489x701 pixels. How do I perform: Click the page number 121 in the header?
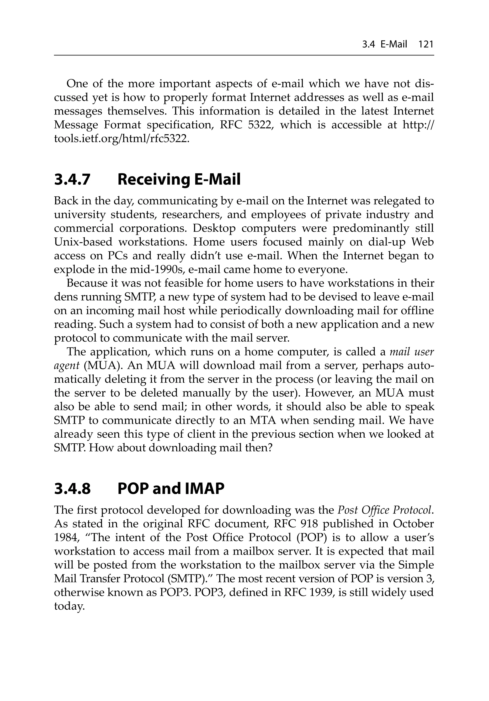pyautogui.click(x=426, y=45)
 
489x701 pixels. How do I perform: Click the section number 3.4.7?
pyautogui.click(x=72, y=179)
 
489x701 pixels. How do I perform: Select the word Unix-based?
pyautogui.click(x=83, y=242)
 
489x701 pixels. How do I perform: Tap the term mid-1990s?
pyautogui.click(x=160, y=270)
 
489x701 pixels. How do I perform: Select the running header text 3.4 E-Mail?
pyautogui.click(x=384, y=45)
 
